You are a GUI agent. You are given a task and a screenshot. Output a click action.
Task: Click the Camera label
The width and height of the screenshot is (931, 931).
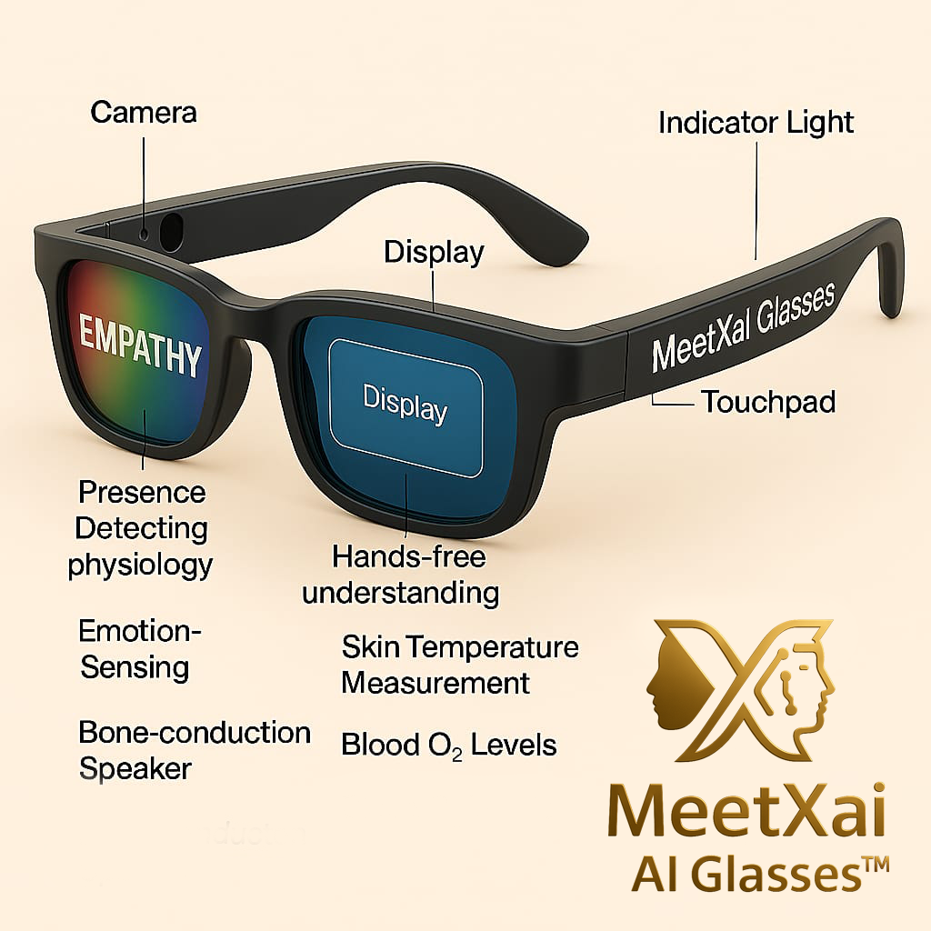tap(144, 114)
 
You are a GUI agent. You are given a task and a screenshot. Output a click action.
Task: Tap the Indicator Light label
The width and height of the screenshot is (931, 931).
tap(756, 123)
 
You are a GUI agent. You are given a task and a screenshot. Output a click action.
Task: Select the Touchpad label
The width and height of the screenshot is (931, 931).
tap(767, 401)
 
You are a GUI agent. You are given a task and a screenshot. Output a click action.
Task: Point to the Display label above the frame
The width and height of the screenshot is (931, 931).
tap(434, 252)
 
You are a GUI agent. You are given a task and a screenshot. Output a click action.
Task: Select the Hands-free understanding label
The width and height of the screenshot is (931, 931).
tap(401, 574)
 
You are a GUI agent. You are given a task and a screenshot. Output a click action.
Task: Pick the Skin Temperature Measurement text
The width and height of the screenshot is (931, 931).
tap(459, 665)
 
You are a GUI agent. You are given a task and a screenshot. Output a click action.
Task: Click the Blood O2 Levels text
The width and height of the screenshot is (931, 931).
tap(448, 746)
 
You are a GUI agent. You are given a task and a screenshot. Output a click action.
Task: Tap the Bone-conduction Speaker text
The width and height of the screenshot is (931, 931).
tap(194, 750)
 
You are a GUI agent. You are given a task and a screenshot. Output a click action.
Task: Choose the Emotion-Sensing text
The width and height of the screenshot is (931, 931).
tap(139, 648)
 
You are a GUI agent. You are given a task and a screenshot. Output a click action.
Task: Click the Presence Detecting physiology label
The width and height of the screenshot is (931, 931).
tap(140, 528)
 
